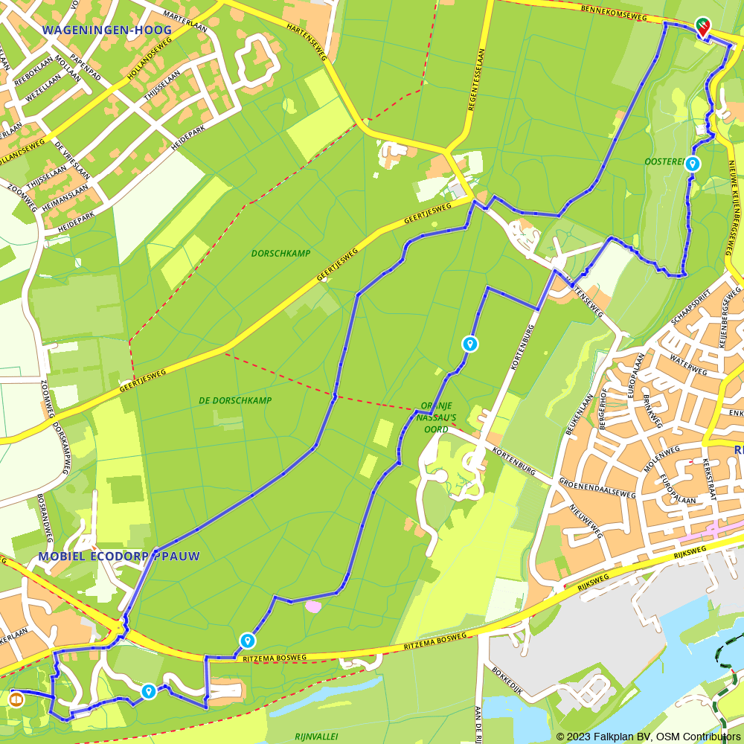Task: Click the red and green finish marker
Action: pos(703,27)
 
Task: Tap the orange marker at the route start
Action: pos(16,699)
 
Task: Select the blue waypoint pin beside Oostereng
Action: pos(693,164)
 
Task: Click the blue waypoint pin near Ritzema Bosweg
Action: pos(248,641)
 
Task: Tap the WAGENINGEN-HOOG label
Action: pos(107,31)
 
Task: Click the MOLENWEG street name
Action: pos(661,455)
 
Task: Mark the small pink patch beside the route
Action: pos(313,606)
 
